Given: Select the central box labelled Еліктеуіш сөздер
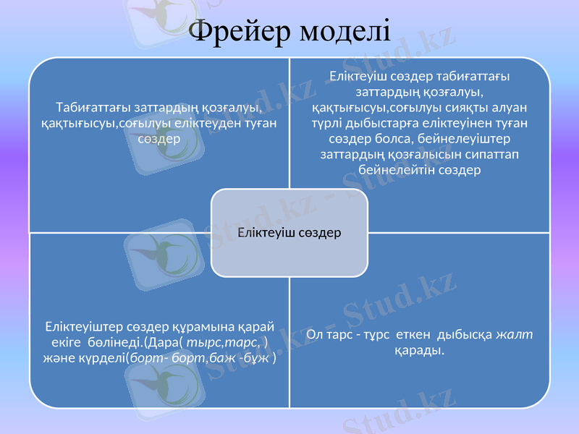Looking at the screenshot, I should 289,233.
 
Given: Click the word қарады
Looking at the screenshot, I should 420,350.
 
